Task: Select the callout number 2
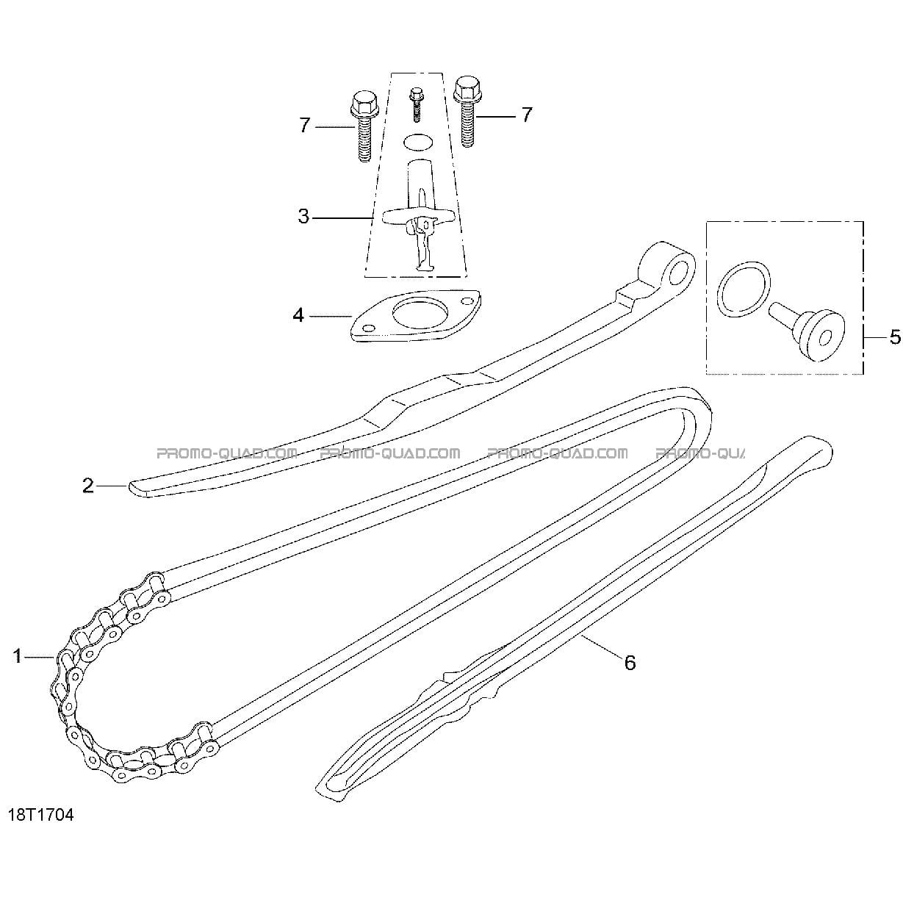click(88, 486)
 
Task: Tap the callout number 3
click(303, 217)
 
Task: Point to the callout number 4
click(298, 315)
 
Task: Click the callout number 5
click(895, 337)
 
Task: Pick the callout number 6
click(630, 675)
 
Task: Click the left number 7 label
click(305, 125)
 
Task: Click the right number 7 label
click(528, 115)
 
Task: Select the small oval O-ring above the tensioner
click(417, 143)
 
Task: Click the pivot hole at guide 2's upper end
click(678, 273)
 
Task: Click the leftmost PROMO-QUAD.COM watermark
click(227, 453)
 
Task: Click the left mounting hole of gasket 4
click(369, 328)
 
